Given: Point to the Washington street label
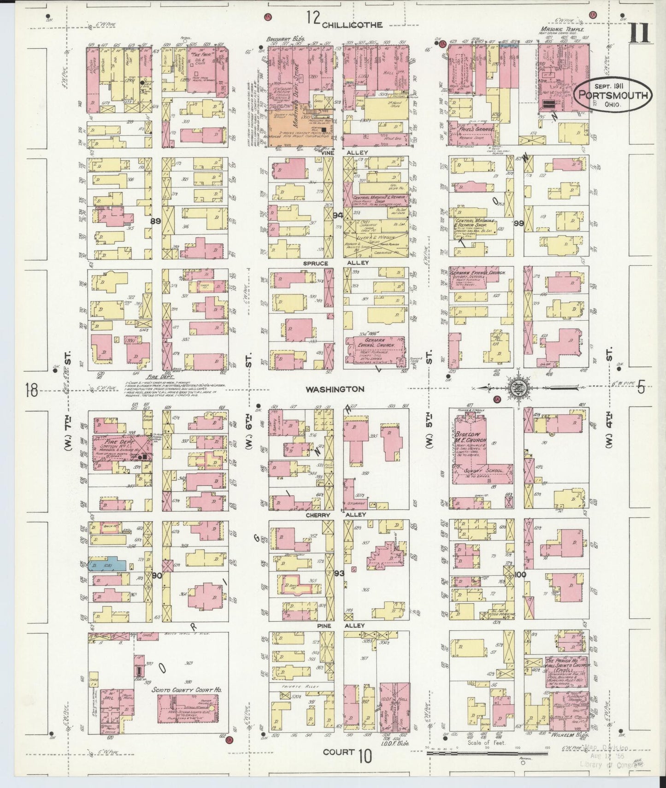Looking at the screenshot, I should (335, 389).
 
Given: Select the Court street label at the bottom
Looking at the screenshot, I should (338, 752).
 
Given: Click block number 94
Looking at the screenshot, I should (338, 215).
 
